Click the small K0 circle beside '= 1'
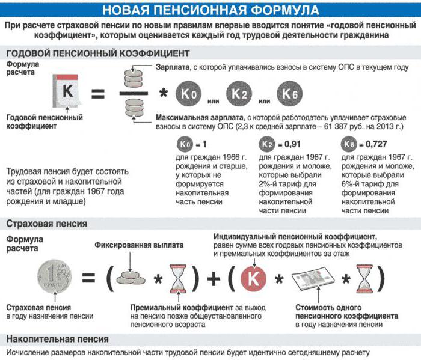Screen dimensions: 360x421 185,145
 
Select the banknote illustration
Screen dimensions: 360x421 313,278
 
